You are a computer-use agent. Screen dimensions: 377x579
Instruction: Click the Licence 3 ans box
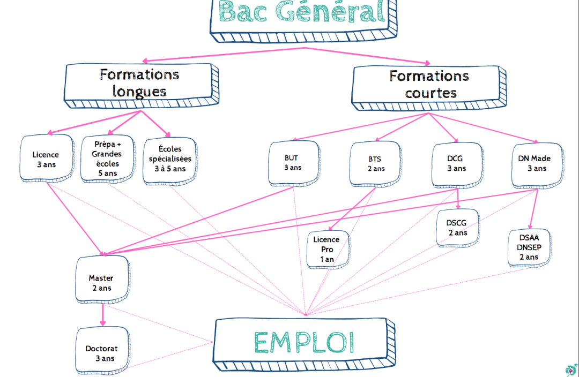[47, 160]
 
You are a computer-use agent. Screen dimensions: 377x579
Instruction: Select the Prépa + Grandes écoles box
[107, 159]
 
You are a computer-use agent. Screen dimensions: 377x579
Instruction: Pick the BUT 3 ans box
[293, 163]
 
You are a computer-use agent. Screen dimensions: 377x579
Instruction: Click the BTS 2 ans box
[376, 164]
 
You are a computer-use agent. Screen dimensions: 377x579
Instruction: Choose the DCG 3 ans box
[456, 163]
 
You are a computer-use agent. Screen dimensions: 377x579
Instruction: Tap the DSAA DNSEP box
[529, 248]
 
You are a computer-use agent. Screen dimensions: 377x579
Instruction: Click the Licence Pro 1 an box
[327, 250]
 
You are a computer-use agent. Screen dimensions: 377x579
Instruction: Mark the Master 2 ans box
[101, 283]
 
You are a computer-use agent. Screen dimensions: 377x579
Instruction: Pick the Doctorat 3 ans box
[101, 353]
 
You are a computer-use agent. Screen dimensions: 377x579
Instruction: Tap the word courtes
[430, 93]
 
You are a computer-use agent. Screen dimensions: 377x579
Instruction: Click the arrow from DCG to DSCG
[457, 199]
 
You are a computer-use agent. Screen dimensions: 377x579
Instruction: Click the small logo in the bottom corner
[570, 370]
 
